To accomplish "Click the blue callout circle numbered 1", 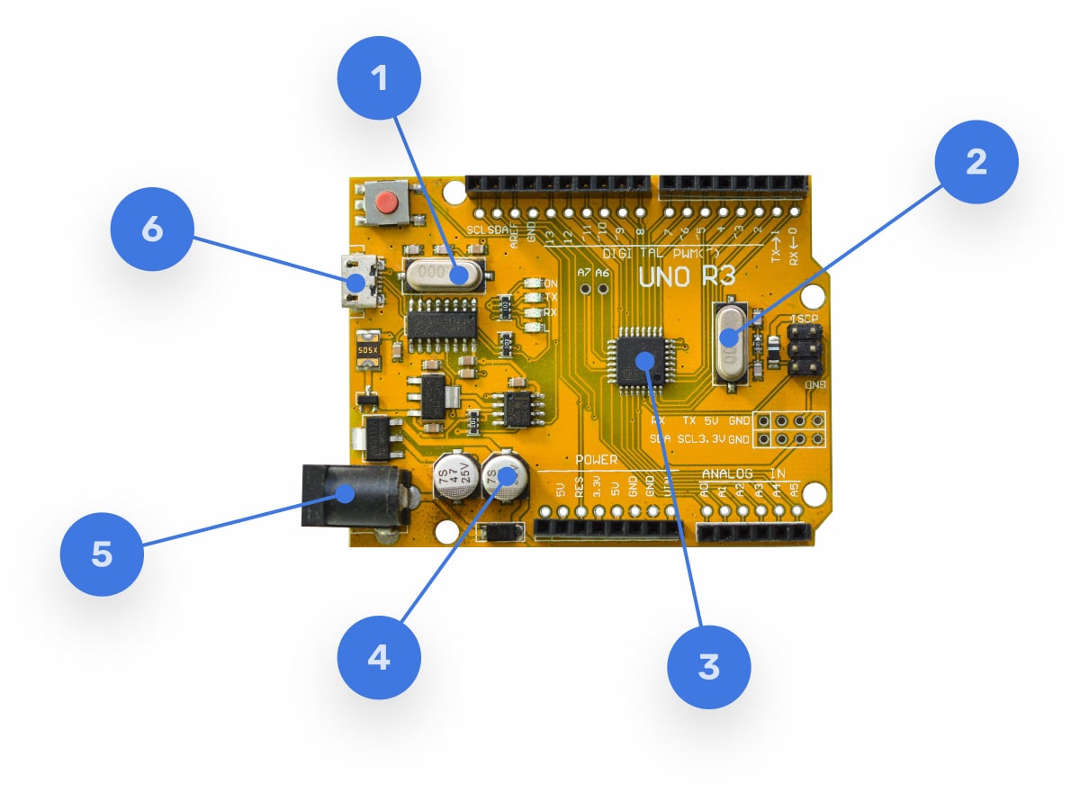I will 379,79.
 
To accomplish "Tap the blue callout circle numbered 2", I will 976,162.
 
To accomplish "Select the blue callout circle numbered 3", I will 708,667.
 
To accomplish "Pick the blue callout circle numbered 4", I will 379,657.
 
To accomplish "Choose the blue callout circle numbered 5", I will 102,554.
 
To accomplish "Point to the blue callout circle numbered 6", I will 152,230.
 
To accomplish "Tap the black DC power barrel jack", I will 351,496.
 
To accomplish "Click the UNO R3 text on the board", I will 687,275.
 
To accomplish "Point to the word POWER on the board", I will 596,460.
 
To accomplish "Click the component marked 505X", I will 368,351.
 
